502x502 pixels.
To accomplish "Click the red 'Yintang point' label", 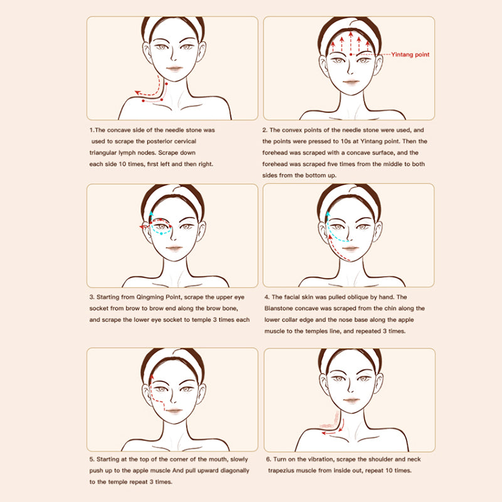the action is [410, 55].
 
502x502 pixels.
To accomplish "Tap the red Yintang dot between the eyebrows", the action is [351, 55].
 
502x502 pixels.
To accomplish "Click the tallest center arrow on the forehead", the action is [351, 41].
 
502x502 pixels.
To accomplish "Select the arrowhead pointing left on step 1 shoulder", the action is [137, 93].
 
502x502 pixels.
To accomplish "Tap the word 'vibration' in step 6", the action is [312, 459].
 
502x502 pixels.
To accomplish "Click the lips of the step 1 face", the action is [174, 68].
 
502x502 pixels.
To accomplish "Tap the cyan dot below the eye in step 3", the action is [161, 233].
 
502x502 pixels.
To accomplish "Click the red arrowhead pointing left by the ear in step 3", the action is [142, 227].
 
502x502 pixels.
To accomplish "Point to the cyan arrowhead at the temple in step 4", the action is [328, 214].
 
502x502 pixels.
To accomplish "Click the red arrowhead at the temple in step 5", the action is [151, 377].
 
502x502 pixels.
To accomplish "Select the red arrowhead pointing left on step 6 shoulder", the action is [324, 433].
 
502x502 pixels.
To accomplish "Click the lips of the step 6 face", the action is [351, 400].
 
